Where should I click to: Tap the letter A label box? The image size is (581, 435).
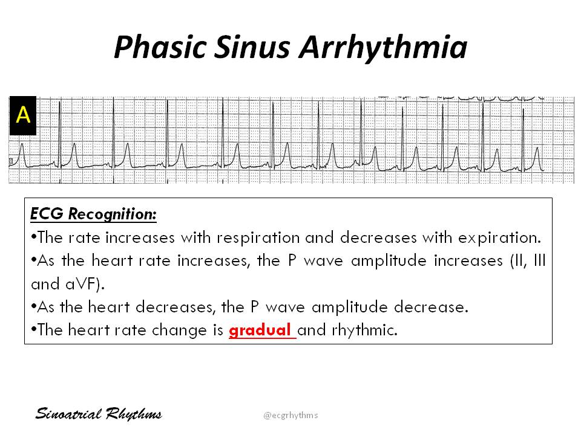point(23,115)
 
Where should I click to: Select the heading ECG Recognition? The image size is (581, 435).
point(93,214)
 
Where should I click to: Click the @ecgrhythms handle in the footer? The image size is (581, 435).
point(290,415)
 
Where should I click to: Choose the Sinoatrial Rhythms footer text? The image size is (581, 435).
point(98,414)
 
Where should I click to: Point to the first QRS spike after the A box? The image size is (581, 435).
point(60,130)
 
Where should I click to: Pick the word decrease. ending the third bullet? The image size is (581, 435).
point(436,307)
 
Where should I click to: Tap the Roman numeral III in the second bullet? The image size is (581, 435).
point(540,260)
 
